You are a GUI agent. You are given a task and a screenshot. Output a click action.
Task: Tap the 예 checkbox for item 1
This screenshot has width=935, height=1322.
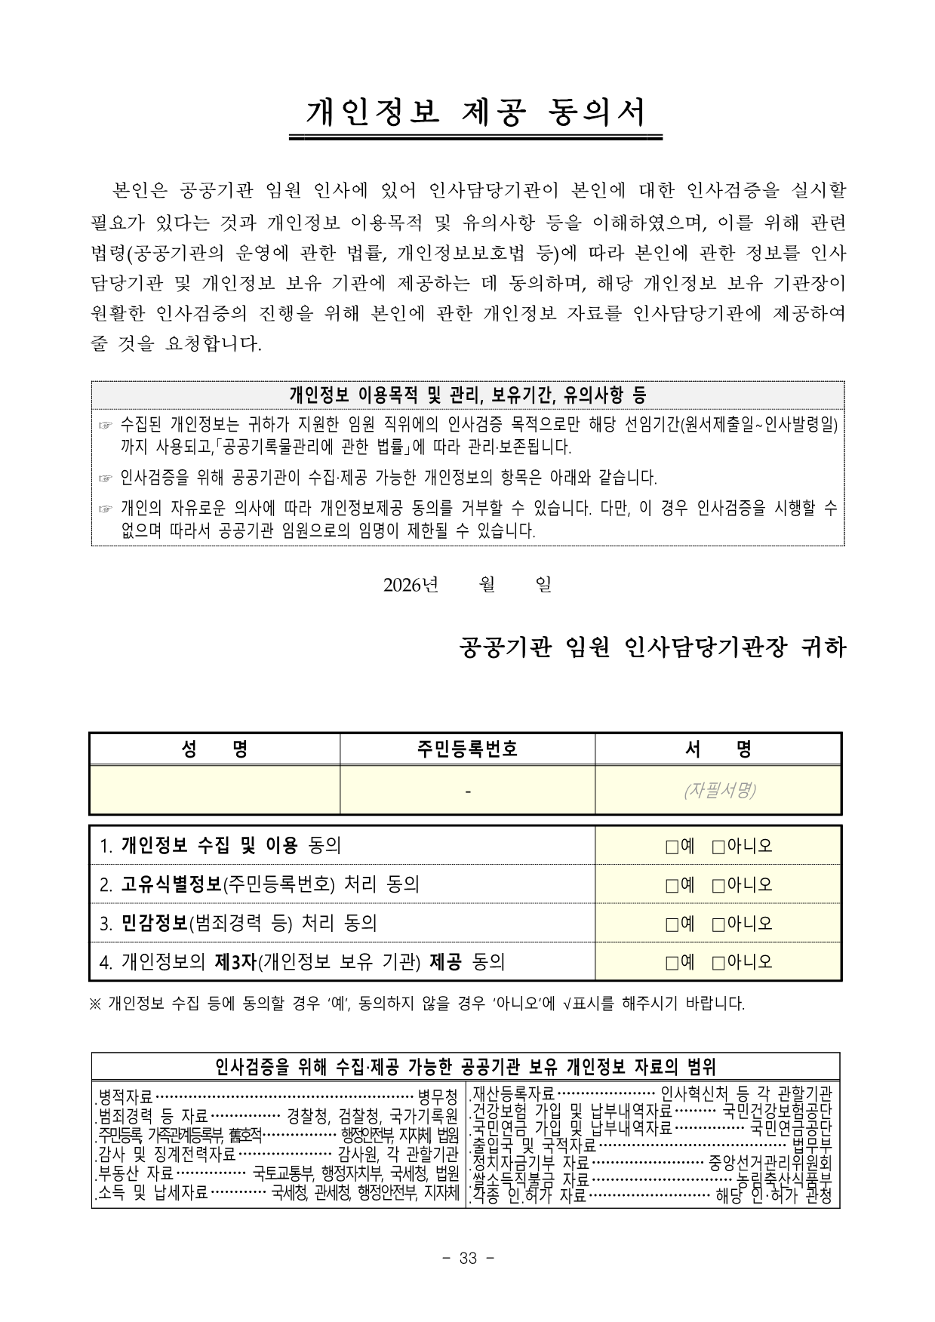coord(672,846)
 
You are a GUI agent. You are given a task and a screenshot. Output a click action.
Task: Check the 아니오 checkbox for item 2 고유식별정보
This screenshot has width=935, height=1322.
coord(718,884)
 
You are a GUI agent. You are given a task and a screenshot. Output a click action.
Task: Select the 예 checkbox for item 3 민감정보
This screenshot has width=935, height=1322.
coord(672,924)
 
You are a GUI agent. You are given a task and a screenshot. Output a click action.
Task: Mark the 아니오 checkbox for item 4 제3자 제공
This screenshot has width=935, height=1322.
coord(718,962)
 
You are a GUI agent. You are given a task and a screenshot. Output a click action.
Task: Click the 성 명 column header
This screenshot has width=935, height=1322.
coord(214,749)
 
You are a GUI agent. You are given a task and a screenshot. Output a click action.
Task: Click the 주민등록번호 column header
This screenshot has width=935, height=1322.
coord(467,749)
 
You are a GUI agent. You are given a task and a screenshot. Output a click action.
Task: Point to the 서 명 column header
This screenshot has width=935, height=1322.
coord(718,749)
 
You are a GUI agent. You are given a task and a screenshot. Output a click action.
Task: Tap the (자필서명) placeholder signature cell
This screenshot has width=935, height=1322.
coord(718,790)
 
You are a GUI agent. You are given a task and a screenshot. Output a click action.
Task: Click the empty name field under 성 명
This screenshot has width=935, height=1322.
coord(214,790)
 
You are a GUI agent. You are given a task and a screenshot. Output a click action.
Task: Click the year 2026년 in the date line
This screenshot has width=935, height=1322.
coord(411,585)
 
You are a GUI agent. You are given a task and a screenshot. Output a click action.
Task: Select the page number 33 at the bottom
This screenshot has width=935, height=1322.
coord(468,1258)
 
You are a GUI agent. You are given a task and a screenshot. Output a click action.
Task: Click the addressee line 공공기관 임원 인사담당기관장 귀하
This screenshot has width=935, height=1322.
coord(653,647)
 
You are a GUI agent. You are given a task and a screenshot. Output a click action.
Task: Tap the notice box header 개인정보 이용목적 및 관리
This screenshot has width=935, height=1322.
coord(467,394)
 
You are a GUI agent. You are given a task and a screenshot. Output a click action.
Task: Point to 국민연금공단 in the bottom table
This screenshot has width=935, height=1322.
coord(791,1128)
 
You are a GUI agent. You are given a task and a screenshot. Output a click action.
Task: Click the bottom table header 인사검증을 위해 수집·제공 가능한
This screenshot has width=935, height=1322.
coord(466,1066)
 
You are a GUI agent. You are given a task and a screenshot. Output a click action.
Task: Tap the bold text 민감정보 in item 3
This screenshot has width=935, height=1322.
coord(154,924)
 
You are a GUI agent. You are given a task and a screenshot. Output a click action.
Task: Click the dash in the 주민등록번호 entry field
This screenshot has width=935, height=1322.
coord(468,791)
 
